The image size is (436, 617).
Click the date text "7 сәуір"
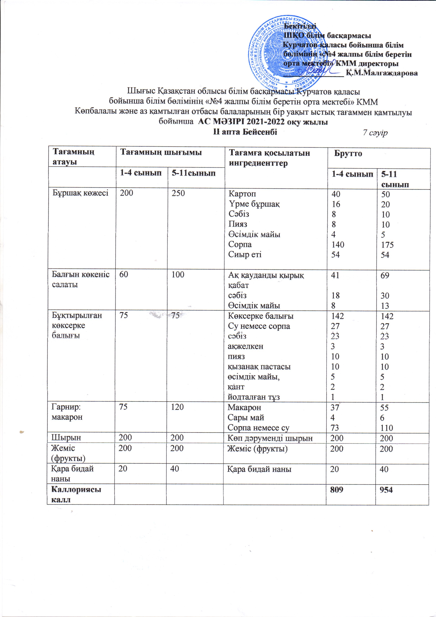point(375,133)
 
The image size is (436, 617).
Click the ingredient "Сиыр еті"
point(245,254)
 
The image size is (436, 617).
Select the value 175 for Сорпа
point(387,245)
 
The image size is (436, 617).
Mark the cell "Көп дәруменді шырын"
point(270,438)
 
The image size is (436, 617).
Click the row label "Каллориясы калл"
point(76,494)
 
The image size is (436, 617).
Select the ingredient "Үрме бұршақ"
point(254,204)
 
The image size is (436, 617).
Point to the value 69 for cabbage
point(385,275)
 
